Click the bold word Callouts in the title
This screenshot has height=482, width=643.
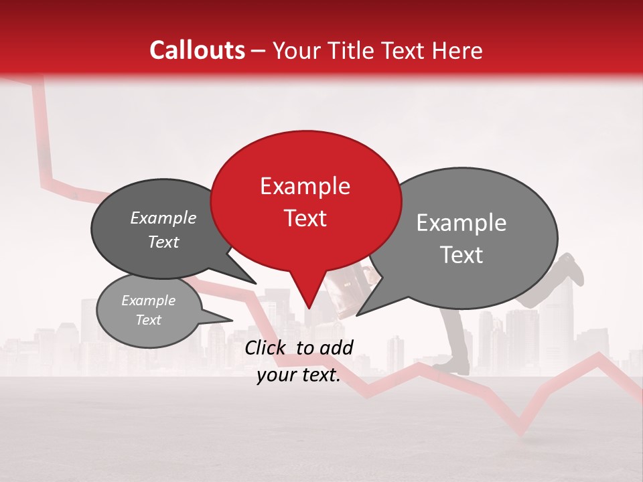(197, 50)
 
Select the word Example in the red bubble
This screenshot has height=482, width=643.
(305, 186)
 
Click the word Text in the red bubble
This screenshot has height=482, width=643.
(305, 218)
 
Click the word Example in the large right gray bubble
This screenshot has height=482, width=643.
(461, 223)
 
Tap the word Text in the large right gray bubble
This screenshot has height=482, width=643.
(462, 255)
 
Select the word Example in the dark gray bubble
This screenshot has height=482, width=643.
(163, 218)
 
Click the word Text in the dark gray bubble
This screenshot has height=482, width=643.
(163, 242)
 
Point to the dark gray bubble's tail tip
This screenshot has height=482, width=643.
(256, 283)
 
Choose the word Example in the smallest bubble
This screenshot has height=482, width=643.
(148, 301)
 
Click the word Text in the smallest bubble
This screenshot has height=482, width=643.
(148, 320)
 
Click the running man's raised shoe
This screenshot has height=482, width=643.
(573, 268)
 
